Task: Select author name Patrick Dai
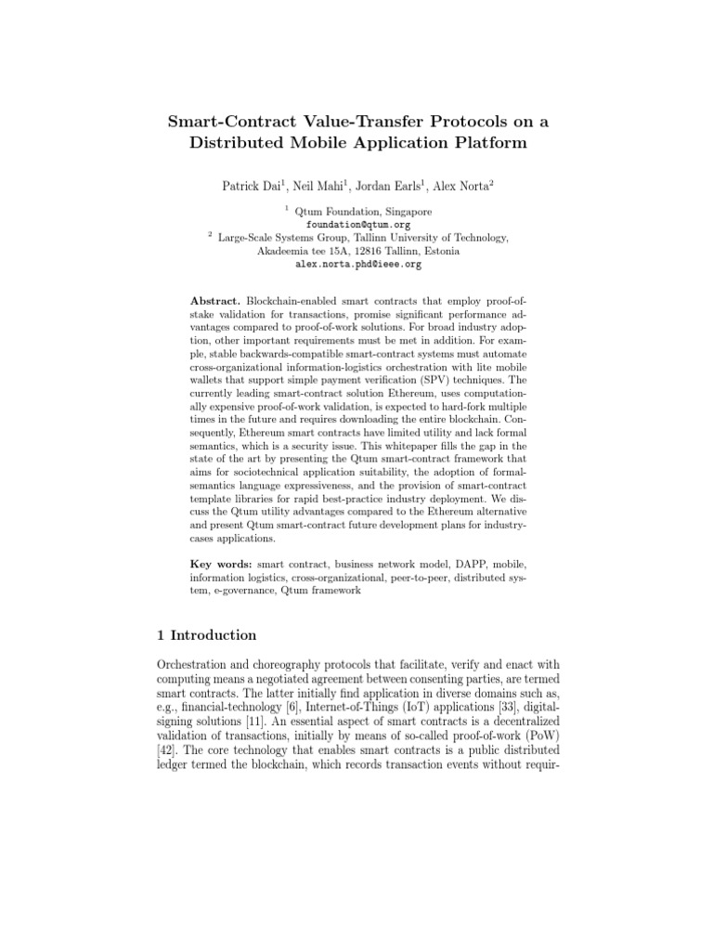pyautogui.click(x=251, y=186)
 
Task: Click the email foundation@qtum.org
pyautogui.click(x=357, y=225)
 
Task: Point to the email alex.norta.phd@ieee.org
pyautogui.click(x=357, y=264)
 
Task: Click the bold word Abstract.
pyautogui.click(x=215, y=303)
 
